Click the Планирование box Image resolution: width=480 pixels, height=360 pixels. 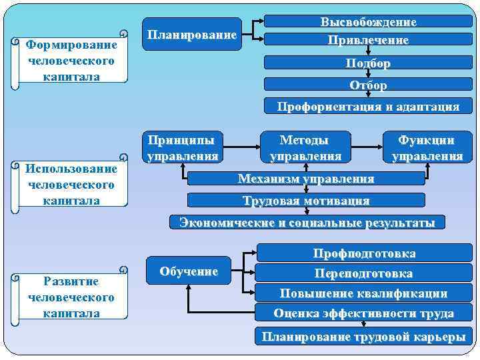point(192,34)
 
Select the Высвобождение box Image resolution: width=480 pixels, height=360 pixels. point(367,22)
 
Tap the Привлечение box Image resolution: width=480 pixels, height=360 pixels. point(367,39)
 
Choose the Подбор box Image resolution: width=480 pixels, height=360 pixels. point(367,63)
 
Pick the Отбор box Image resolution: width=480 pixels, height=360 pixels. point(367,85)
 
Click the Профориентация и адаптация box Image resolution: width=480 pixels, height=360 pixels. point(367,106)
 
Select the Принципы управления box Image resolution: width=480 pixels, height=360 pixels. point(183,148)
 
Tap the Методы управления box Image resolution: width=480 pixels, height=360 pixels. point(305,148)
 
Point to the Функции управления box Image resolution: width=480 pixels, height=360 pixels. point(427,148)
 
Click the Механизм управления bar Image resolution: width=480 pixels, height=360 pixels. point(306,179)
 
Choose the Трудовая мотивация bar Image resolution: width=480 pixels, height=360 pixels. point(306,200)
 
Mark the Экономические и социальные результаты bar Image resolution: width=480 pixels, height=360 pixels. point(307,222)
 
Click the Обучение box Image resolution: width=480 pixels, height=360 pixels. point(189,271)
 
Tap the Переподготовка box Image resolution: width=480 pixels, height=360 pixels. point(364,273)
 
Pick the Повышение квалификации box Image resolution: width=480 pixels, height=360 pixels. point(364,293)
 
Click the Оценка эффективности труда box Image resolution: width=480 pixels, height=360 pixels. point(364,313)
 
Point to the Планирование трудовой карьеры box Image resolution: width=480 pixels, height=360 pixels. point(364,336)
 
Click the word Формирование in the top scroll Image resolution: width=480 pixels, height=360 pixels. point(71,45)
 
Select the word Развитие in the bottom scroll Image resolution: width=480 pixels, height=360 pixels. point(71,281)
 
